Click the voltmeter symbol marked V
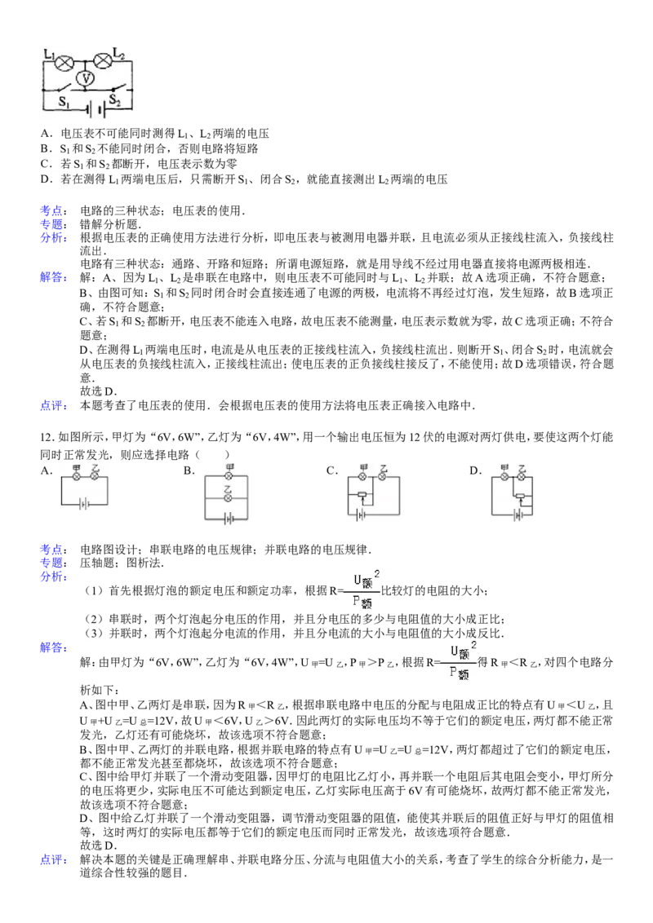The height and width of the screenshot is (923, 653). click(x=86, y=79)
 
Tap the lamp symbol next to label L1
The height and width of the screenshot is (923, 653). click(x=64, y=62)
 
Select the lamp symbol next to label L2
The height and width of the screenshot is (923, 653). click(x=104, y=60)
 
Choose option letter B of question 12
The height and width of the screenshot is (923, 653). click(x=187, y=470)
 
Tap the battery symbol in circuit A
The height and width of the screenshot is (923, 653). click(x=84, y=505)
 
